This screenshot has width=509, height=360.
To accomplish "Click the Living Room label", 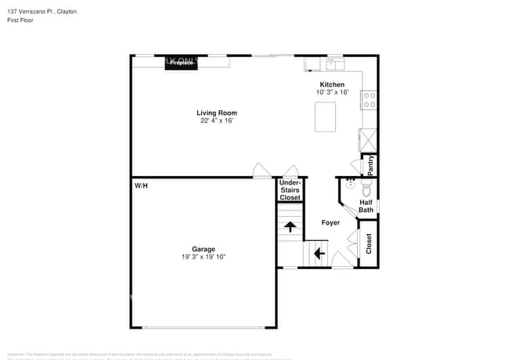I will [x=216, y=113].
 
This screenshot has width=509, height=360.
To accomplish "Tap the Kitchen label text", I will [x=331, y=85].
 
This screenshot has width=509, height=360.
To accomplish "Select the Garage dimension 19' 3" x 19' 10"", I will [x=204, y=257].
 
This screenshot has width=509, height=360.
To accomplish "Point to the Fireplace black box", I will [x=181, y=63].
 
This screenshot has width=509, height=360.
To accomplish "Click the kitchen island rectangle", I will [x=325, y=117].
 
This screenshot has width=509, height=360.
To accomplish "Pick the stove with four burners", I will [x=368, y=100].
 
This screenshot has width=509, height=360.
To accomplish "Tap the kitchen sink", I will [x=334, y=63].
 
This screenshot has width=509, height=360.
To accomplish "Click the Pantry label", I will [x=370, y=165].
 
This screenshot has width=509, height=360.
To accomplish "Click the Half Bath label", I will [x=366, y=206].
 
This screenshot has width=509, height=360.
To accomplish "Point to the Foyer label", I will [x=330, y=223].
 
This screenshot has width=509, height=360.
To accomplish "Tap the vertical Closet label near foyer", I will [x=369, y=243].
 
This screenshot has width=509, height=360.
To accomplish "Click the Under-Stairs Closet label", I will [x=291, y=190].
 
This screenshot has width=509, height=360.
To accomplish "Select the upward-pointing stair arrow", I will [x=290, y=227].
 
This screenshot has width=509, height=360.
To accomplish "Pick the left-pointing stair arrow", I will [x=319, y=253].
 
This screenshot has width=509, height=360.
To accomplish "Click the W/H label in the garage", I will [x=141, y=186].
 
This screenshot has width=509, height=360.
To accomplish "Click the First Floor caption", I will [x=21, y=20].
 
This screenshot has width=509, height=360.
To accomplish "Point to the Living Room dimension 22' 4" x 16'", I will [x=216, y=121].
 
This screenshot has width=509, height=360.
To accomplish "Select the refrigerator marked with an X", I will [x=368, y=139].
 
